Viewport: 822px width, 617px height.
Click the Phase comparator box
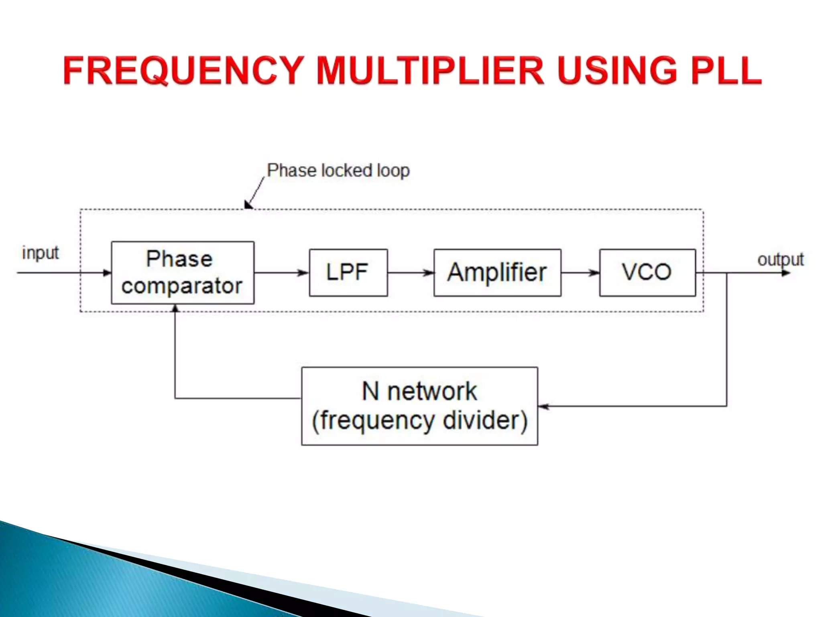pyautogui.click(x=182, y=273)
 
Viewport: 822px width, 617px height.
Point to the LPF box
pyautogui.click(x=348, y=273)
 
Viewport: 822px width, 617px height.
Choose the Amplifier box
pyautogui.click(x=497, y=273)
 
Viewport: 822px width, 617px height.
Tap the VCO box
pyautogui.click(x=647, y=273)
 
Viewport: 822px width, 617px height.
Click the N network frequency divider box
pyautogui.click(x=419, y=406)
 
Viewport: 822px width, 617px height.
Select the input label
pyautogui.click(x=40, y=253)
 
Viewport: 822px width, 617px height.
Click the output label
pyautogui.click(x=780, y=259)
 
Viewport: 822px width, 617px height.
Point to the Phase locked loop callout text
pyautogui.click(x=338, y=171)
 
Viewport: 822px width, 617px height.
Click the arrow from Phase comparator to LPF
pyautogui.click(x=281, y=273)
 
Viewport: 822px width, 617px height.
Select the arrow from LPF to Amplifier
pyautogui.click(x=410, y=273)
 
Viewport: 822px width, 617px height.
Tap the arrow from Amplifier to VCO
pyautogui.click(x=580, y=273)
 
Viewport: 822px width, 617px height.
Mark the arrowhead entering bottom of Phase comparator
pyautogui.click(x=175, y=308)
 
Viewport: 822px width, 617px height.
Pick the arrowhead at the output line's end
pyautogui.click(x=786, y=273)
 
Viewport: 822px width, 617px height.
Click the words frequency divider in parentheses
pyautogui.click(x=419, y=421)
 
